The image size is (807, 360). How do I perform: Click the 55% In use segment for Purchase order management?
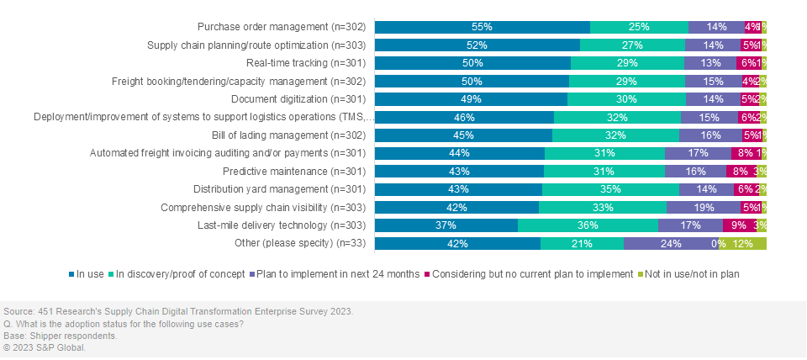482,27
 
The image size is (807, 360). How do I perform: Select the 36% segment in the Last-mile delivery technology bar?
588,225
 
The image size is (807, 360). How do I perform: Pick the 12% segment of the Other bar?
742,244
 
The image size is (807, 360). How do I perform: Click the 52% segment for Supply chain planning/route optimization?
477,45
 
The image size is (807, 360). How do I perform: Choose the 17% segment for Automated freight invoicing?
698,153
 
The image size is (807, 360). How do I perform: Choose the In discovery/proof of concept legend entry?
179,273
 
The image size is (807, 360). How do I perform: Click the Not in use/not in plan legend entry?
694,273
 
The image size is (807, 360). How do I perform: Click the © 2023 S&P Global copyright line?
45,347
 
